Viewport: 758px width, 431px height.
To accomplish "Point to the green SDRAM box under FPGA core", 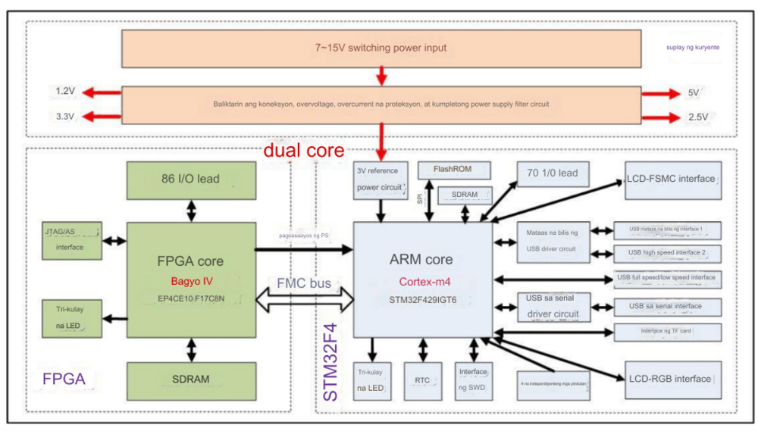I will (190, 379).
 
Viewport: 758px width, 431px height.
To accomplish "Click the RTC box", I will (422, 381).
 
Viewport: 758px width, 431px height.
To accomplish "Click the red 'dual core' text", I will (303, 150).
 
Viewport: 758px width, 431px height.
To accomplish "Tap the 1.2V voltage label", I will (65, 92).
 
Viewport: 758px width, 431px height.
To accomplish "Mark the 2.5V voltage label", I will (697, 117).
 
